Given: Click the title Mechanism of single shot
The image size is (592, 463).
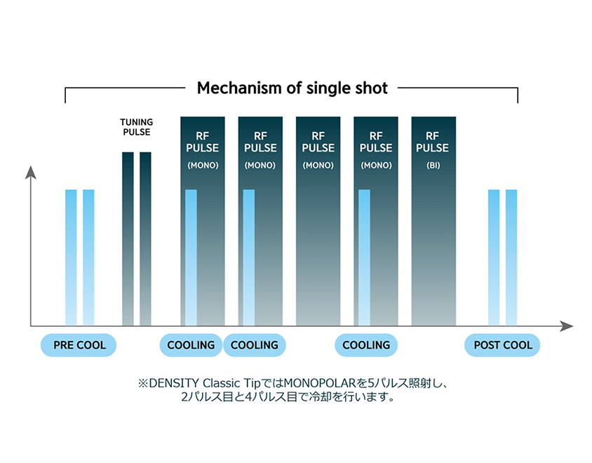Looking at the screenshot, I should [x=292, y=88].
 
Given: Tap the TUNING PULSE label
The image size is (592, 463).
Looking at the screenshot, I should [x=136, y=127].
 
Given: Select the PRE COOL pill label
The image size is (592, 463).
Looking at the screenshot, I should [x=79, y=345].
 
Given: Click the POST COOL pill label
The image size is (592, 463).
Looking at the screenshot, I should [x=502, y=345].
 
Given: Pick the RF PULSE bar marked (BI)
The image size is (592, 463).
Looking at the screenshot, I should [x=433, y=231].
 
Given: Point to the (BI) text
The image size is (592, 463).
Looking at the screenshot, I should [x=433, y=166].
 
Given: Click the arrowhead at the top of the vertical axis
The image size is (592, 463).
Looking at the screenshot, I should [x=30, y=172].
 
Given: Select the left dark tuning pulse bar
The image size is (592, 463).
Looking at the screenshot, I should [x=128, y=239].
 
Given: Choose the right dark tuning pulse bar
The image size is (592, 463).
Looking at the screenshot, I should [x=145, y=239].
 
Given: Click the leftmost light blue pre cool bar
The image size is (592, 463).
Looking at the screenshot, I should [x=71, y=256].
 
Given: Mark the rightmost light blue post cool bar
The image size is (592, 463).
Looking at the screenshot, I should [x=511, y=256].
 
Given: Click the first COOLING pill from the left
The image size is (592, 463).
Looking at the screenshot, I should [x=191, y=345].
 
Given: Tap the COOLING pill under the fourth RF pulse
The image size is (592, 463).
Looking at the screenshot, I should [x=366, y=345].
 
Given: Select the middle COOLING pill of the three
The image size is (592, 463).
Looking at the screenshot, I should [x=254, y=345].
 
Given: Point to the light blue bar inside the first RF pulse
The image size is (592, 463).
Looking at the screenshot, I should [x=191, y=256].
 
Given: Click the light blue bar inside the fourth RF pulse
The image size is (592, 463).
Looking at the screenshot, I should [x=364, y=256].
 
